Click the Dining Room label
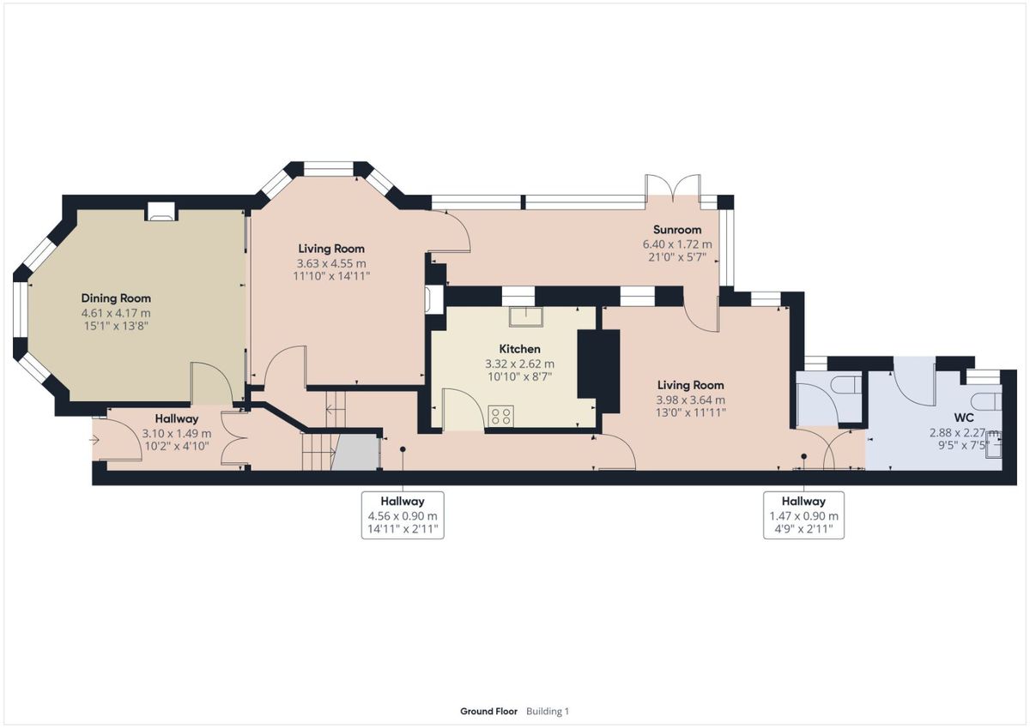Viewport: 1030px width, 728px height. tap(116, 298)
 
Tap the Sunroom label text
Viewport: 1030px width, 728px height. tap(677, 230)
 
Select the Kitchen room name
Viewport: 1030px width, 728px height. tap(519, 349)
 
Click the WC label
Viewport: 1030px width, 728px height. tap(964, 418)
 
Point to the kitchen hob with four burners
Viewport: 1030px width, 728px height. tap(500, 416)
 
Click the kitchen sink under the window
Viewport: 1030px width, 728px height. tap(526, 317)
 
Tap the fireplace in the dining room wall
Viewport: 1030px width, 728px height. tap(161, 211)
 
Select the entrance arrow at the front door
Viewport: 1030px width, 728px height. tap(94, 440)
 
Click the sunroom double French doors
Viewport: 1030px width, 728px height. tap(673, 189)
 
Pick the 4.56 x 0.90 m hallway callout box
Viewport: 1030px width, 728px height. tap(403, 514)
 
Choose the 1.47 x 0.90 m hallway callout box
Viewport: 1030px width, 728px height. tap(803, 514)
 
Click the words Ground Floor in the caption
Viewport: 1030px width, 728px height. tap(488, 712)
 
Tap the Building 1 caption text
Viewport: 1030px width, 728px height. tap(548, 712)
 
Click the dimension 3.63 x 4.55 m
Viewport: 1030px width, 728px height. tap(331, 263)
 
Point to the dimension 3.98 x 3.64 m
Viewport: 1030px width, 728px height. tap(691, 400)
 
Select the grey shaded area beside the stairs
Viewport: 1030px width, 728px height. tap(357, 453)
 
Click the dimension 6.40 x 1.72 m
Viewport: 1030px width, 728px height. tap(677, 244)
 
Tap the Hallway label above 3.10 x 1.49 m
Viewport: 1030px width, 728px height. tap(177, 419)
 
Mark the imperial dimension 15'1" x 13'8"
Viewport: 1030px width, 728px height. tap(116, 327)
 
